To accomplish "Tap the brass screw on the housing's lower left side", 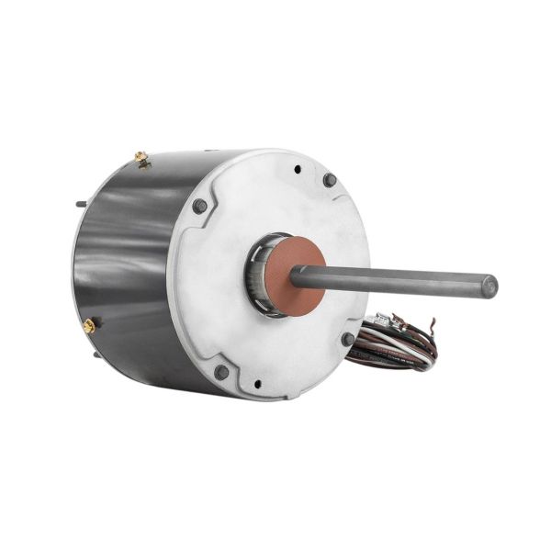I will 90,325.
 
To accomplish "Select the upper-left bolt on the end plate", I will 198,206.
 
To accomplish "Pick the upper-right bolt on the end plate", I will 330,180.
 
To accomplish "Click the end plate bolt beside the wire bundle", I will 348,340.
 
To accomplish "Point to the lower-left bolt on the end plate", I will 221,371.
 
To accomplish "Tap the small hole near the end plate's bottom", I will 257,384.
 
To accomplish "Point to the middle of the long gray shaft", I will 395,280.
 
